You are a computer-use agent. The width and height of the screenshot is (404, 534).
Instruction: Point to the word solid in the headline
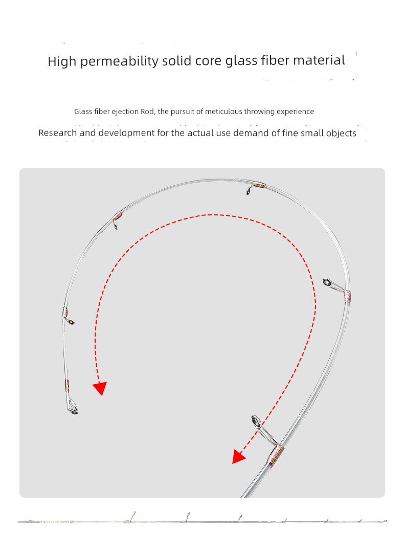point(177,61)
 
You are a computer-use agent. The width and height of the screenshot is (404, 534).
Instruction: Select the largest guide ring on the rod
point(256,422)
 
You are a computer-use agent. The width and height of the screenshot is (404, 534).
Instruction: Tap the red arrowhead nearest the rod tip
point(100,388)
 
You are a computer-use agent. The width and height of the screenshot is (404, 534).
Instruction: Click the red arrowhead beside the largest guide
point(238,456)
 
